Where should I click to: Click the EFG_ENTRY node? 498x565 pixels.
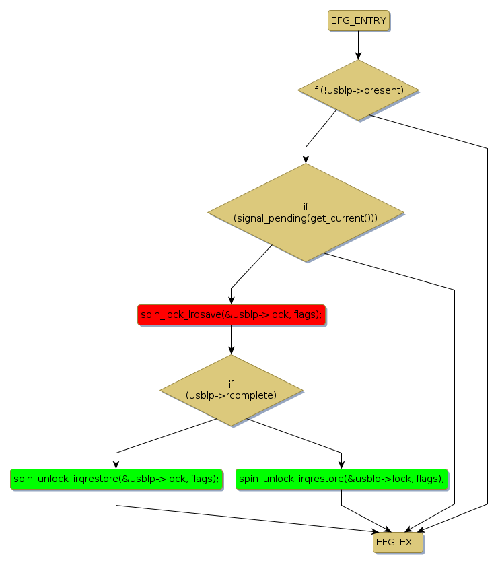tap(359, 21)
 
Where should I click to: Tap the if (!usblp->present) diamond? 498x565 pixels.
tap(358, 90)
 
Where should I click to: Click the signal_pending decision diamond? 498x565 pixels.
tap(305, 213)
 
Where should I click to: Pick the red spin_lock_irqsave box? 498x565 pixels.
tap(231, 314)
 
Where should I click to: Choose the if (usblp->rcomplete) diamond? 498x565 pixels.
tap(231, 390)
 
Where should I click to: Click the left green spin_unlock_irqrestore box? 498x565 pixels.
tap(116, 479)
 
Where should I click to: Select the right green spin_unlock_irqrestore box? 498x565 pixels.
tap(342, 479)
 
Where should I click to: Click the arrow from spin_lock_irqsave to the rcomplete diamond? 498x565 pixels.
tap(231, 339)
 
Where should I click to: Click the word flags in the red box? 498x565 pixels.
tap(307, 314)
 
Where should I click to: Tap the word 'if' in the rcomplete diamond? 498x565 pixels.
tap(231, 384)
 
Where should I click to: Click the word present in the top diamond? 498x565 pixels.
tap(382, 90)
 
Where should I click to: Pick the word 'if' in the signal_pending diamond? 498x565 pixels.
tap(306, 207)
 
